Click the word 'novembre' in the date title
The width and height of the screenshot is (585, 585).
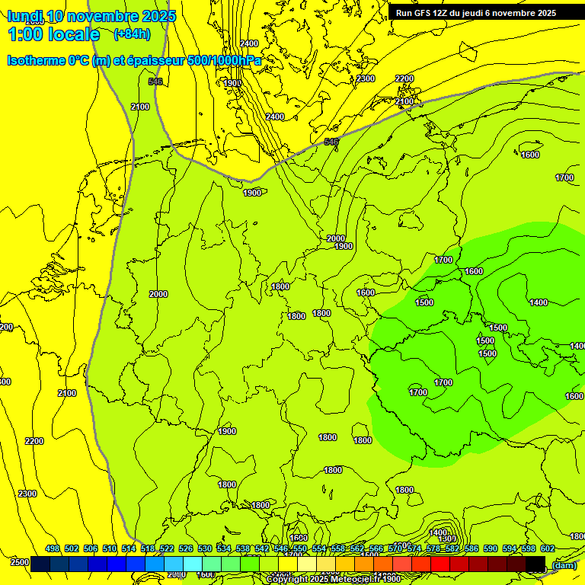(x=87, y=16)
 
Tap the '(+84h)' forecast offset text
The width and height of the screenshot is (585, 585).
(x=133, y=34)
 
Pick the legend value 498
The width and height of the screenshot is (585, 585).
(x=53, y=548)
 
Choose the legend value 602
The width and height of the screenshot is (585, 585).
(x=548, y=548)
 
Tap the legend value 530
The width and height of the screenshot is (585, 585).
(x=205, y=548)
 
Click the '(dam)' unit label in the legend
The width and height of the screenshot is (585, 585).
(x=564, y=564)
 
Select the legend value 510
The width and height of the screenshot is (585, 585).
(x=110, y=548)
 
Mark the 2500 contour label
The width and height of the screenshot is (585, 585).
(x=20, y=562)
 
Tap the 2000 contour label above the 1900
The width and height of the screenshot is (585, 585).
(x=336, y=238)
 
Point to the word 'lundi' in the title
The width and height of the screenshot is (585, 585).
(x=25, y=16)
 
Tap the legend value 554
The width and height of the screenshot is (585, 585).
(x=319, y=548)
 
